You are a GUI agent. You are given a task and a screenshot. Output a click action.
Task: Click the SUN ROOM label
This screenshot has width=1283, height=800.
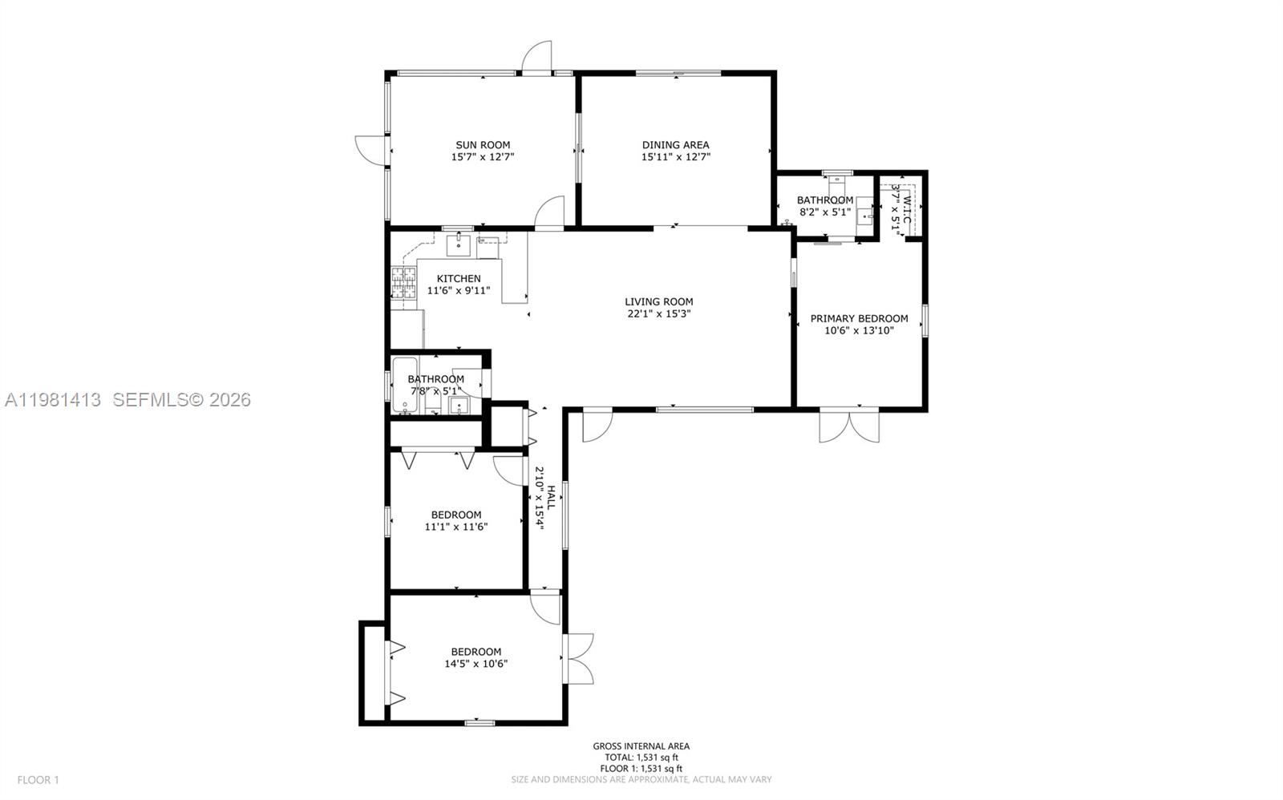[x=483, y=145]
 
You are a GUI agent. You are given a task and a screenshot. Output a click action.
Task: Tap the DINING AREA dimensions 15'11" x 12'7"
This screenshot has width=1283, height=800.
[x=675, y=158]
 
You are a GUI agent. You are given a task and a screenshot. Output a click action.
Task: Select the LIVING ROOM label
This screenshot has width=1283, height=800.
[x=659, y=301]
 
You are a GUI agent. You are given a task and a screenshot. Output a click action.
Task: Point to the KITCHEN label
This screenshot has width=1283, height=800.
[x=459, y=278]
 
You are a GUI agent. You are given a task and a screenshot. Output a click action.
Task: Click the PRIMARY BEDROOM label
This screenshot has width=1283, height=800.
[x=859, y=318]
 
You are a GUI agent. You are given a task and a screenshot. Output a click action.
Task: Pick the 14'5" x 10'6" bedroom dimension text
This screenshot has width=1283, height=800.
[x=476, y=664]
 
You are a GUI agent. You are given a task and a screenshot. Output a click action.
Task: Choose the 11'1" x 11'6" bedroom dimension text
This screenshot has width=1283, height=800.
[x=456, y=527]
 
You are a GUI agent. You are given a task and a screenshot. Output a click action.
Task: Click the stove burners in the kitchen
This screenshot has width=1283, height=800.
[x=404, y=281]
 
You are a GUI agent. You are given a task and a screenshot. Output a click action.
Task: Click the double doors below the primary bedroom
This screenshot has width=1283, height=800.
[x=849, y=426]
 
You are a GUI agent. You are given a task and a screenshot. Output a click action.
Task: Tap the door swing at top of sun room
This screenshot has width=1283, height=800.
[x=538, y=56]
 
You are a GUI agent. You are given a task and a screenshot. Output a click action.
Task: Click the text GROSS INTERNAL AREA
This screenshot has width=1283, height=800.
[x=641, y=746]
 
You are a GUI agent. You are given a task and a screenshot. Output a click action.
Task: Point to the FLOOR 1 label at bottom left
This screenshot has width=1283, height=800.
[x=38, y=779]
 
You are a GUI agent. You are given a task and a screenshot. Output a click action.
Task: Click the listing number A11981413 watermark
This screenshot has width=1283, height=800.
[x=53, y=399]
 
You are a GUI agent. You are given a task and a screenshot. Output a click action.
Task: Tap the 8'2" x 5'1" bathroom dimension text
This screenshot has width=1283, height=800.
[x=825, y=212]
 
